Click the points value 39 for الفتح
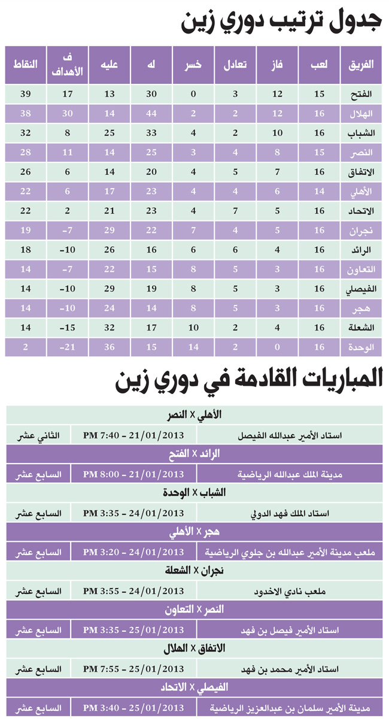[x=26, y=95]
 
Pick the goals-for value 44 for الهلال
[x=151, y=114]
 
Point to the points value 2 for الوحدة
[x=26, y=347]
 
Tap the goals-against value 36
[x=110, y=347]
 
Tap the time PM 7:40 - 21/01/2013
[x=133, y=435]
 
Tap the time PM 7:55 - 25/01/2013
[x=133, y=668]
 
